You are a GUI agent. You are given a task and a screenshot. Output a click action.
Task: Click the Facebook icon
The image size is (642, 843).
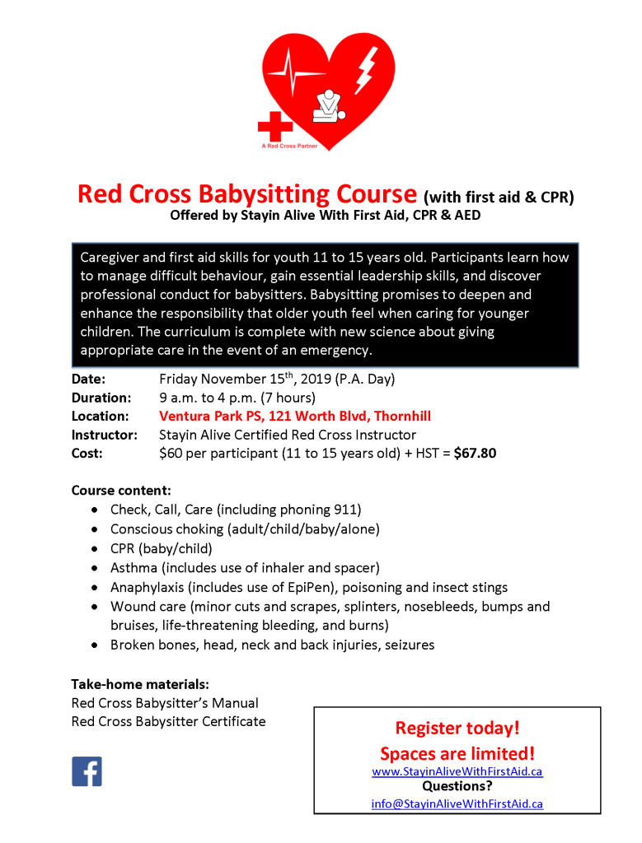click(x=87, y=771)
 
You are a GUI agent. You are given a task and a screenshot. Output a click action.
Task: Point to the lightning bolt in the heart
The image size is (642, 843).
click(x=365, y=69)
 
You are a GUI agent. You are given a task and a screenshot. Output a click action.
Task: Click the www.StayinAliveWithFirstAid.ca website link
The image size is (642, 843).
click(x=457, y=771)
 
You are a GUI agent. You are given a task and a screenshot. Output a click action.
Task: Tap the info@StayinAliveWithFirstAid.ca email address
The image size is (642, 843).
click(x=457, y=803)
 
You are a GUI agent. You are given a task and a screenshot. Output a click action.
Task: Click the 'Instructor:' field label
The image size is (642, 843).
click(x=104, y=435)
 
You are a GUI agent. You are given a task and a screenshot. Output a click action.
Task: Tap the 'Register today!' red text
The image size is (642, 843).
click(x=457, y=728)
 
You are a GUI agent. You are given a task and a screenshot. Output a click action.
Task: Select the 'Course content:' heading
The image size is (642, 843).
click(x=121, y=490)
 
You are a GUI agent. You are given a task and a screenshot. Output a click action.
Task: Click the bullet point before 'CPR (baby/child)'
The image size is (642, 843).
click(x=97, y=549)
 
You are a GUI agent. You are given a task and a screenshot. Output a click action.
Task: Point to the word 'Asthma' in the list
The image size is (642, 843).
click(x=134, y=568)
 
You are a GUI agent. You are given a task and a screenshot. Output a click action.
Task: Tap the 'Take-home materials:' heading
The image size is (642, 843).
click(x=139, y=684)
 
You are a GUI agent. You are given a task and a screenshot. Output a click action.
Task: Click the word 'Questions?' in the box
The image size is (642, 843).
click(x=457, y=787)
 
